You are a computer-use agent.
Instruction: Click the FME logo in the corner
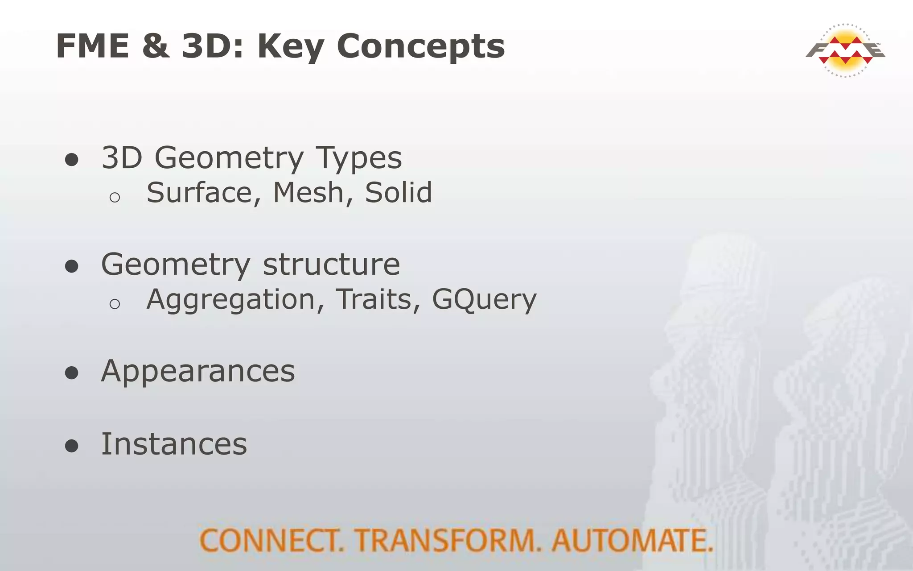[845, 50]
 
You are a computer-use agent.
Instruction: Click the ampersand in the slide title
[156, 46]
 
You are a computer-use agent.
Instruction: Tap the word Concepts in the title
[420, 47]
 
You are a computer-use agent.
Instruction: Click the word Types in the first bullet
[358, 159]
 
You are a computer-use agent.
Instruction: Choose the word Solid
[398, 193]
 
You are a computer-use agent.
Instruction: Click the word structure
[331, 265]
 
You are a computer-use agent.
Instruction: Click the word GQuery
[484, 300]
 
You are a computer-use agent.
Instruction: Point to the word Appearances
[198, 372]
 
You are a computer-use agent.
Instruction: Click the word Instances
[174, 444]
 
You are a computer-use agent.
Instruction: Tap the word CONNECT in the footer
[271, 541]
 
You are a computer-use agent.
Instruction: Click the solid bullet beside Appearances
[71, 373]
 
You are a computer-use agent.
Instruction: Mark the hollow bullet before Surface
[115, 197]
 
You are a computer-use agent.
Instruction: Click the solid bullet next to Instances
[71, 446]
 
